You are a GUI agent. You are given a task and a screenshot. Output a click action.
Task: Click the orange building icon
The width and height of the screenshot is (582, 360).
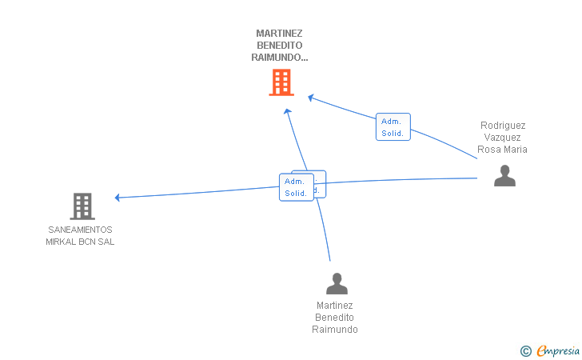click(281, 82)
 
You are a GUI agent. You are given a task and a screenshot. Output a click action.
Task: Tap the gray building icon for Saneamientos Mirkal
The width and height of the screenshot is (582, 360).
click(82, 206)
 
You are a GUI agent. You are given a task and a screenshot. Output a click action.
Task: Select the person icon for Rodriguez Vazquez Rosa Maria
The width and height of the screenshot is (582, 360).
click(504, 175)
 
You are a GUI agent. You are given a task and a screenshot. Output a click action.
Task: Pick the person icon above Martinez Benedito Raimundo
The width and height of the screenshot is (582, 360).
click(337, 283)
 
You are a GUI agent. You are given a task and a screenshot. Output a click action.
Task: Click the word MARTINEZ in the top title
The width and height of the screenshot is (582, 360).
click(279, 34)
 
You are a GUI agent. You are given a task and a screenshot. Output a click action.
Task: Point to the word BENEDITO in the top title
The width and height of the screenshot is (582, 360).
click(279, 46)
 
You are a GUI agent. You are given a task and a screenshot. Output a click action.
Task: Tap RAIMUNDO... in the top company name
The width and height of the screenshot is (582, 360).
click(279, 58)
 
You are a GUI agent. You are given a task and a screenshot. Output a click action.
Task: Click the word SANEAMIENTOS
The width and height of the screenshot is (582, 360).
click(80, 230)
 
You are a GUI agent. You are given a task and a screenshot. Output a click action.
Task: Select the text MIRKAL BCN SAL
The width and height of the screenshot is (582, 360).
click(80, 242)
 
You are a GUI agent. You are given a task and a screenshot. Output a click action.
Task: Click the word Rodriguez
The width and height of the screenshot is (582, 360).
click(503, 126)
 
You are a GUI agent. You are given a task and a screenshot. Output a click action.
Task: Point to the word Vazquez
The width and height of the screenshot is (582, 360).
click(503, 138)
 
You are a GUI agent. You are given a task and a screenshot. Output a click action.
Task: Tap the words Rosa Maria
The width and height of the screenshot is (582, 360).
click(503, 150)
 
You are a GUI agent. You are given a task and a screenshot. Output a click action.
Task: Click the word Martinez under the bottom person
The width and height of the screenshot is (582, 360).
click(335, 306)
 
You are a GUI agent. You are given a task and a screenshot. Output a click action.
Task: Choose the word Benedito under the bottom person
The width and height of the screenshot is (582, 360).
click(335, 318)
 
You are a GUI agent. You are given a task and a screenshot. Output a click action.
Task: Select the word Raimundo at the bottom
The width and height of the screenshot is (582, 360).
click(335, 330)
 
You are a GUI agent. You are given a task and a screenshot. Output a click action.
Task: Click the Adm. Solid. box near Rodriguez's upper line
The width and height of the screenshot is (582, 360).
click(393, 127)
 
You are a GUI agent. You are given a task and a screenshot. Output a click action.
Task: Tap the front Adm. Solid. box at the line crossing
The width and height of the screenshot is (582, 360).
click(296, 187)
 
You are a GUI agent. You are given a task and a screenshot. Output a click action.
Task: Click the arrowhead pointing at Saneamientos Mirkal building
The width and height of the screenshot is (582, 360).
click(118, 198)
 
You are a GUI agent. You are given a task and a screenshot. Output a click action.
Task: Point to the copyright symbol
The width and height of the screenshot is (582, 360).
click(525, 350)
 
